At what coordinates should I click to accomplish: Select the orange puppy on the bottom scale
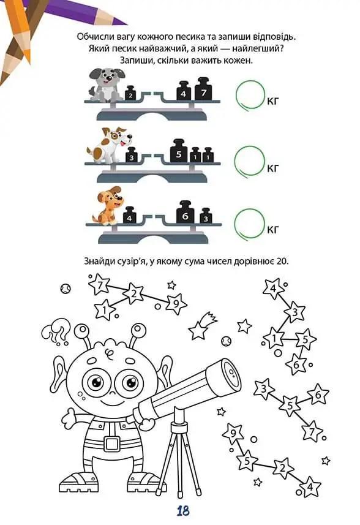tap(107, 206)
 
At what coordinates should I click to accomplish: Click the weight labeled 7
tap(203, 89)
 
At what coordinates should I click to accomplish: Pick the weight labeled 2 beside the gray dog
tap(130, 93)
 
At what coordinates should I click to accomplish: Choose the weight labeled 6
tap(185, 213)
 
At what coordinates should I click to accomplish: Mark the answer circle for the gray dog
tap(250, 95)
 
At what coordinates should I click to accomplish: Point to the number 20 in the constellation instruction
tap(282, 261)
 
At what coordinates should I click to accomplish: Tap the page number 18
tap(183, 511)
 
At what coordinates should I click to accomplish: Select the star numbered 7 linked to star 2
tap(99, 285)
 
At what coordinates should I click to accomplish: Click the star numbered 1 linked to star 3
tap(274, 338)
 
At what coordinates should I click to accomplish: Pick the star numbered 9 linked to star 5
tap(233, 434)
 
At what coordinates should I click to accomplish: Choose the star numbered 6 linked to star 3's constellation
tap(318, 395)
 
